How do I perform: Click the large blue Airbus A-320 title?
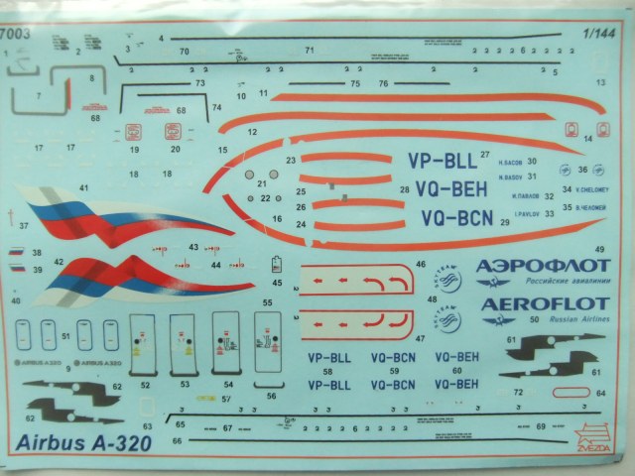click(x=83, y=442)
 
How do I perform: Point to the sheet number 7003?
click(x=13, y=33)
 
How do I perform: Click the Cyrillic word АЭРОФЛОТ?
click(x=540, y=265)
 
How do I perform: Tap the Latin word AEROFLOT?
click(x=540, y=301)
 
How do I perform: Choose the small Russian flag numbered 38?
click(x=16, y=254)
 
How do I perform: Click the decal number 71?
click(x=311, y=49)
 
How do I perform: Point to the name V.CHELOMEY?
click(x=592, y=189)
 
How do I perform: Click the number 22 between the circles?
click(x=265, y=198)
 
